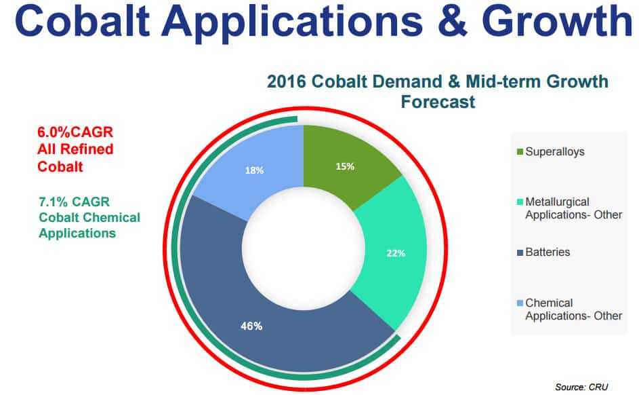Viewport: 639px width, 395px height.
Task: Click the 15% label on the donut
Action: click(345, 166)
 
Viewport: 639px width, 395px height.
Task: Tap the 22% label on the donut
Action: click(396, 253)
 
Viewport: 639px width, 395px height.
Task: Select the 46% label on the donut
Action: click(251, 326)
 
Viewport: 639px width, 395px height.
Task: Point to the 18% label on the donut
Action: click(254, 170)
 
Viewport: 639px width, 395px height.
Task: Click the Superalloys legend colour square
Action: click(520, 152)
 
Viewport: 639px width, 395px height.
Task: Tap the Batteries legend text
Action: click(548, 252)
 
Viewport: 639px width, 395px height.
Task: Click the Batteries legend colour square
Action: click(520, 253)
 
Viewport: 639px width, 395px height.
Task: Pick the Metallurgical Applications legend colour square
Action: click(520, 202)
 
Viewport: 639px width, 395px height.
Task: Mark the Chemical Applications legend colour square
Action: click(520, 303)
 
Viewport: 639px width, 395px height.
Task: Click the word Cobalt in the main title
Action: click(81, 21)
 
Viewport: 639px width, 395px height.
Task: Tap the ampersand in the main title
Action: click(453, 21)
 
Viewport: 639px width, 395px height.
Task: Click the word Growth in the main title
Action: click(557, 21)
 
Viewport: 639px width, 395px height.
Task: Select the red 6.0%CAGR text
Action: click(75, 132)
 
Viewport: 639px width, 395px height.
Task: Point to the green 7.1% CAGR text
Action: click(74, 202)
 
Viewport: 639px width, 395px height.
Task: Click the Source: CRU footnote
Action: click(581, 387)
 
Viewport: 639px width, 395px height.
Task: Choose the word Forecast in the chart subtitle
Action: click(438, 102)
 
